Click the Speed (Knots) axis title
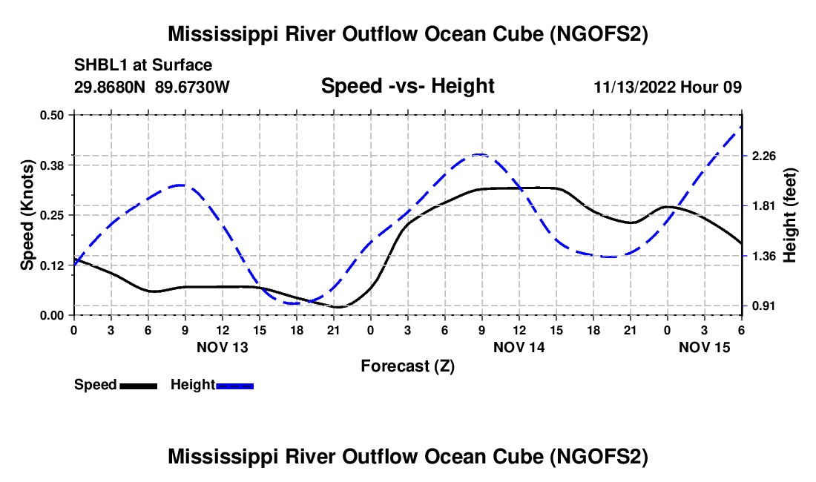tap(27, 215)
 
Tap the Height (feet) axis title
tap(789, 215)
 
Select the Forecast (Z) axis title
tap(407, 366)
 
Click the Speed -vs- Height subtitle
tap(407, 86)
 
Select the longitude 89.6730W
tap(193, 87)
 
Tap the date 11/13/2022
tap(635, 87)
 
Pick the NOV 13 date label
tap(222, 347)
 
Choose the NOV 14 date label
tap(519, 347)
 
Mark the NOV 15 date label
tap(703, 347)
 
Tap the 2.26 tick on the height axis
tap(763, 156)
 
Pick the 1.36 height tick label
tap(763, 256)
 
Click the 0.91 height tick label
tap(763, 306)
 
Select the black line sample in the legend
tap(138, 385)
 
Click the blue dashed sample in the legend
tap(234, 385)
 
